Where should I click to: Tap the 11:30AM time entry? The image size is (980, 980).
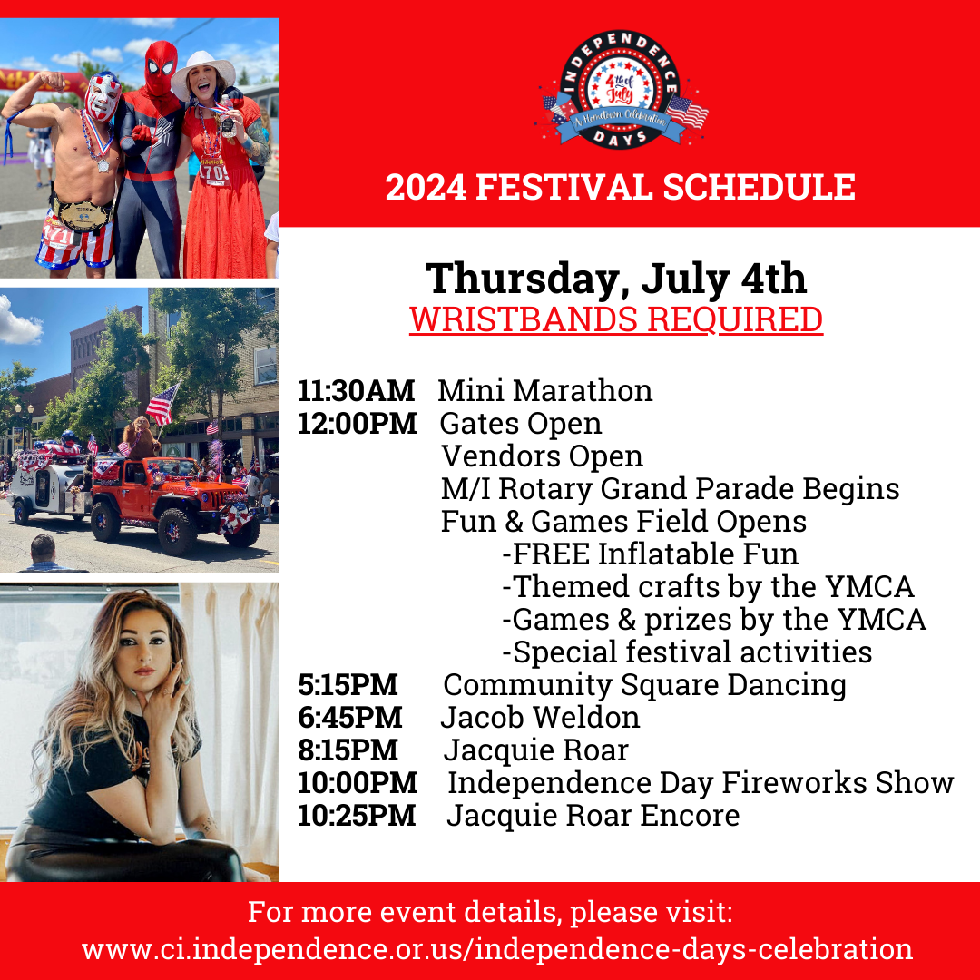pos(356,390)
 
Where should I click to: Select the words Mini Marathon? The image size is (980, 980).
pos(545,390)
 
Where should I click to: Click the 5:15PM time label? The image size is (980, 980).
pos(348,685)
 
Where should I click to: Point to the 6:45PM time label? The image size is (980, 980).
pos(350,718)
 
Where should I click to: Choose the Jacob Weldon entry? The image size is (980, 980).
pos(541,718)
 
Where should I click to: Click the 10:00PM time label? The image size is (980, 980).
pos(357,783)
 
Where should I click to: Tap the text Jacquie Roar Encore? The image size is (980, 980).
pos(593,816)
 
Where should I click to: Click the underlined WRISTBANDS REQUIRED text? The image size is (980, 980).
pos(616,320)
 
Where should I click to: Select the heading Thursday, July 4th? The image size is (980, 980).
pos(616,279)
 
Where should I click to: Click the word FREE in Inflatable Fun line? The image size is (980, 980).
pos(551,554)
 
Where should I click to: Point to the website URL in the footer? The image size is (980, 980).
pos(497,949)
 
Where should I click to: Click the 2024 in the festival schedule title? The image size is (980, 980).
pos(426,187)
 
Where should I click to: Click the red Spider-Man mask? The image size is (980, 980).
pos(161,66)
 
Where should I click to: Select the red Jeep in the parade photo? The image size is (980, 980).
pos(176,505)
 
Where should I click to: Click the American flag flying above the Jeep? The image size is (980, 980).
pos(162,405)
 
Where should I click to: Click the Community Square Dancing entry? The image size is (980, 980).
pos(644,685)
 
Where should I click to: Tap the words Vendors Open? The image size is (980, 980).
pos(542,456)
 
